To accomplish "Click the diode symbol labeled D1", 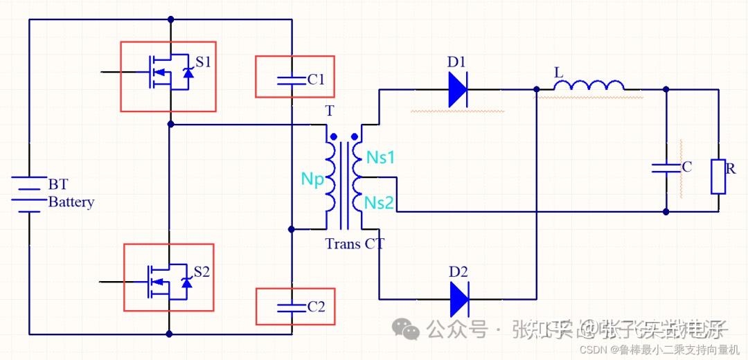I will (458, 89).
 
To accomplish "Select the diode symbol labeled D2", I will (458, 299).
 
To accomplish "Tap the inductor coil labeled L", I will (589, 86).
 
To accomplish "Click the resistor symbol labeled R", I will (718, 177).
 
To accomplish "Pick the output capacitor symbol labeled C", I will (666, 167).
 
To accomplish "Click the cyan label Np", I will (312, 179).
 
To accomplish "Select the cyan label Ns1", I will (380, 157).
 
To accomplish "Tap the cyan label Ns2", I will (380, 202).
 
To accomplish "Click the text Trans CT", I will (355, 244).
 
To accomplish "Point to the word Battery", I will (71, 202).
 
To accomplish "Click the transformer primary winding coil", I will (331, 177).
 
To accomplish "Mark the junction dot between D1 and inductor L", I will (537, 89).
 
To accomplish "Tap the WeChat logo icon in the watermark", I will (406, 328).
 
